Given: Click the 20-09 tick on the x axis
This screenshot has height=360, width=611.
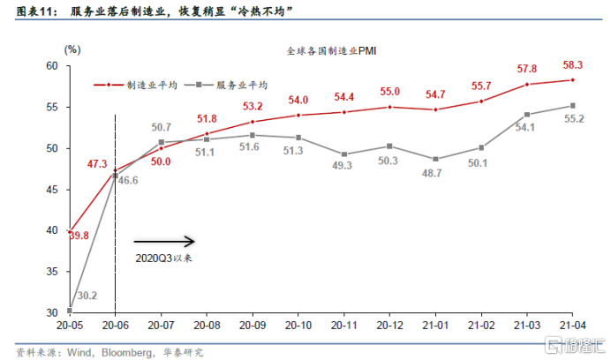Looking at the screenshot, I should [x=253, y=324].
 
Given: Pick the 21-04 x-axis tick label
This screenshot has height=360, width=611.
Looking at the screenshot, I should [x=572, y=324].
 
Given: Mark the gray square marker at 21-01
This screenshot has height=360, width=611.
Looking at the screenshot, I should [x=435, y=159].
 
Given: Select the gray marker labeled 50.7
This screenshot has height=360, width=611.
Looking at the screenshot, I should [x=161, y=142].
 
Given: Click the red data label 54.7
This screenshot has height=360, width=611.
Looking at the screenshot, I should [x=436, y=94].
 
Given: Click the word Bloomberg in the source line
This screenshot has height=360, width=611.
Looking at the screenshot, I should [x=123, y=351].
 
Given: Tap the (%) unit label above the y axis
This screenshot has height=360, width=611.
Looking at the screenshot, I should [x=72, y=49].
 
